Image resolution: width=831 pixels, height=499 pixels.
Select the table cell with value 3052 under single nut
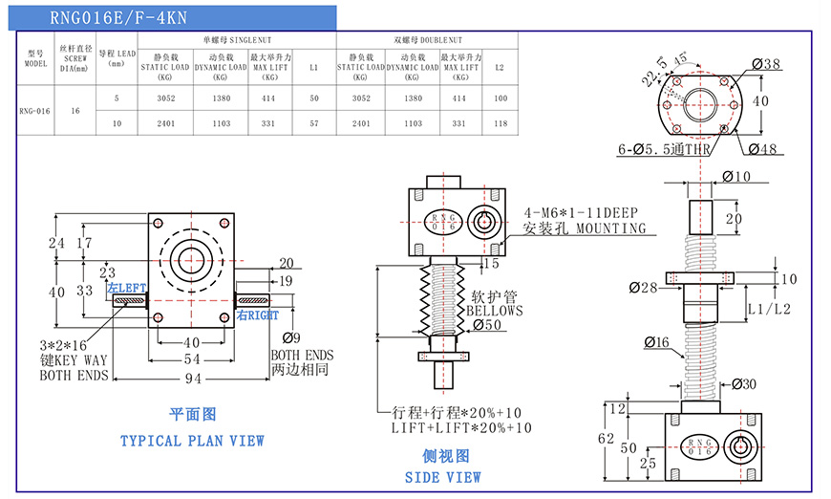click(165, 98)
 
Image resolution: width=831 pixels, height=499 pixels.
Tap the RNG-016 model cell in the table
click(34, 111)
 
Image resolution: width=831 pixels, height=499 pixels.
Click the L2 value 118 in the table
click(500, 123)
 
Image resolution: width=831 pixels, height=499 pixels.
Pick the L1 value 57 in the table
click(313, 123)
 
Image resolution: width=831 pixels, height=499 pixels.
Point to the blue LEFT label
click(126, 289)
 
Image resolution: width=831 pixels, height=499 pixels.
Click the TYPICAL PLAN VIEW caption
click(192, 441)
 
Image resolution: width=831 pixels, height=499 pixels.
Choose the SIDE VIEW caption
click(442, 477)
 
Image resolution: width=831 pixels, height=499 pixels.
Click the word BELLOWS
click(495, 311)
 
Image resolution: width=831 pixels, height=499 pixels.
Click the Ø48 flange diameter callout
click(765, 148)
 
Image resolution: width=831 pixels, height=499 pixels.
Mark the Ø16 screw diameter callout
click(657, 341)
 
